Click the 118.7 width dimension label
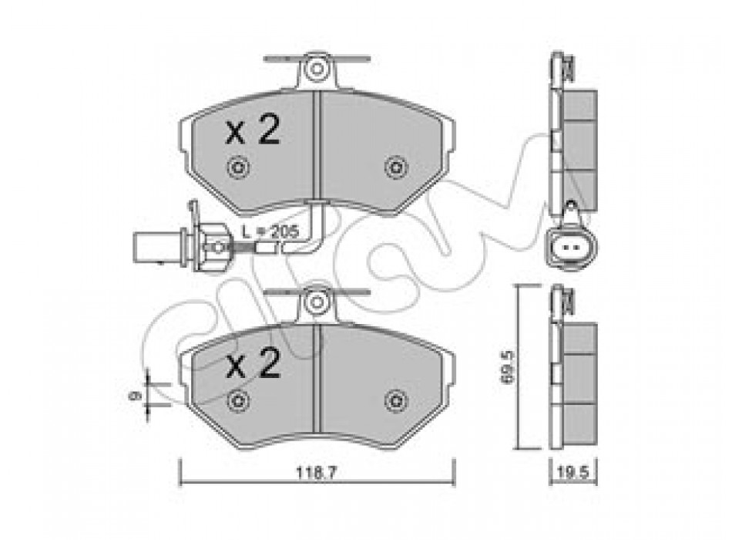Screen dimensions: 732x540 (316, 473)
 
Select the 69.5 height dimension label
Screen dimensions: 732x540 (507, 367)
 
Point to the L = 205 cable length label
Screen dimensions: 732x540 (270, 231)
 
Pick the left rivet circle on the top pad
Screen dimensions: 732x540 (238, 167)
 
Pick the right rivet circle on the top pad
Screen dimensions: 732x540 (396, 167)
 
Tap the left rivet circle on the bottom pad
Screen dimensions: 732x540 (238, 400)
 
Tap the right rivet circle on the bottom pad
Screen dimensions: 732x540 (396, 400)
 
